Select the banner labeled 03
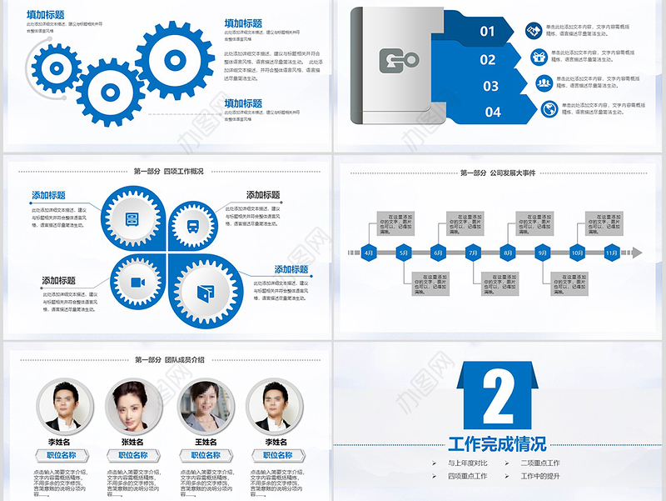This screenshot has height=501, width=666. (x=490, y=86)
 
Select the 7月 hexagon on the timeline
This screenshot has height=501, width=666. (x=473, y=252)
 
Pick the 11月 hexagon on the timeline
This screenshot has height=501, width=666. (x=611, y=252)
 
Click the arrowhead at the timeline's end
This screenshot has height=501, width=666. (x=637, y=252)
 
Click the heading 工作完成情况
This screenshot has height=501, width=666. (x=497, y=443)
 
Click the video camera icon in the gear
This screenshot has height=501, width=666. (x=137, y=283)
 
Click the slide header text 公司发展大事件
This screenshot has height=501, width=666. (x=514, y=173)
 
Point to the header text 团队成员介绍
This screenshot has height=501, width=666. (x=184, y=359)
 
